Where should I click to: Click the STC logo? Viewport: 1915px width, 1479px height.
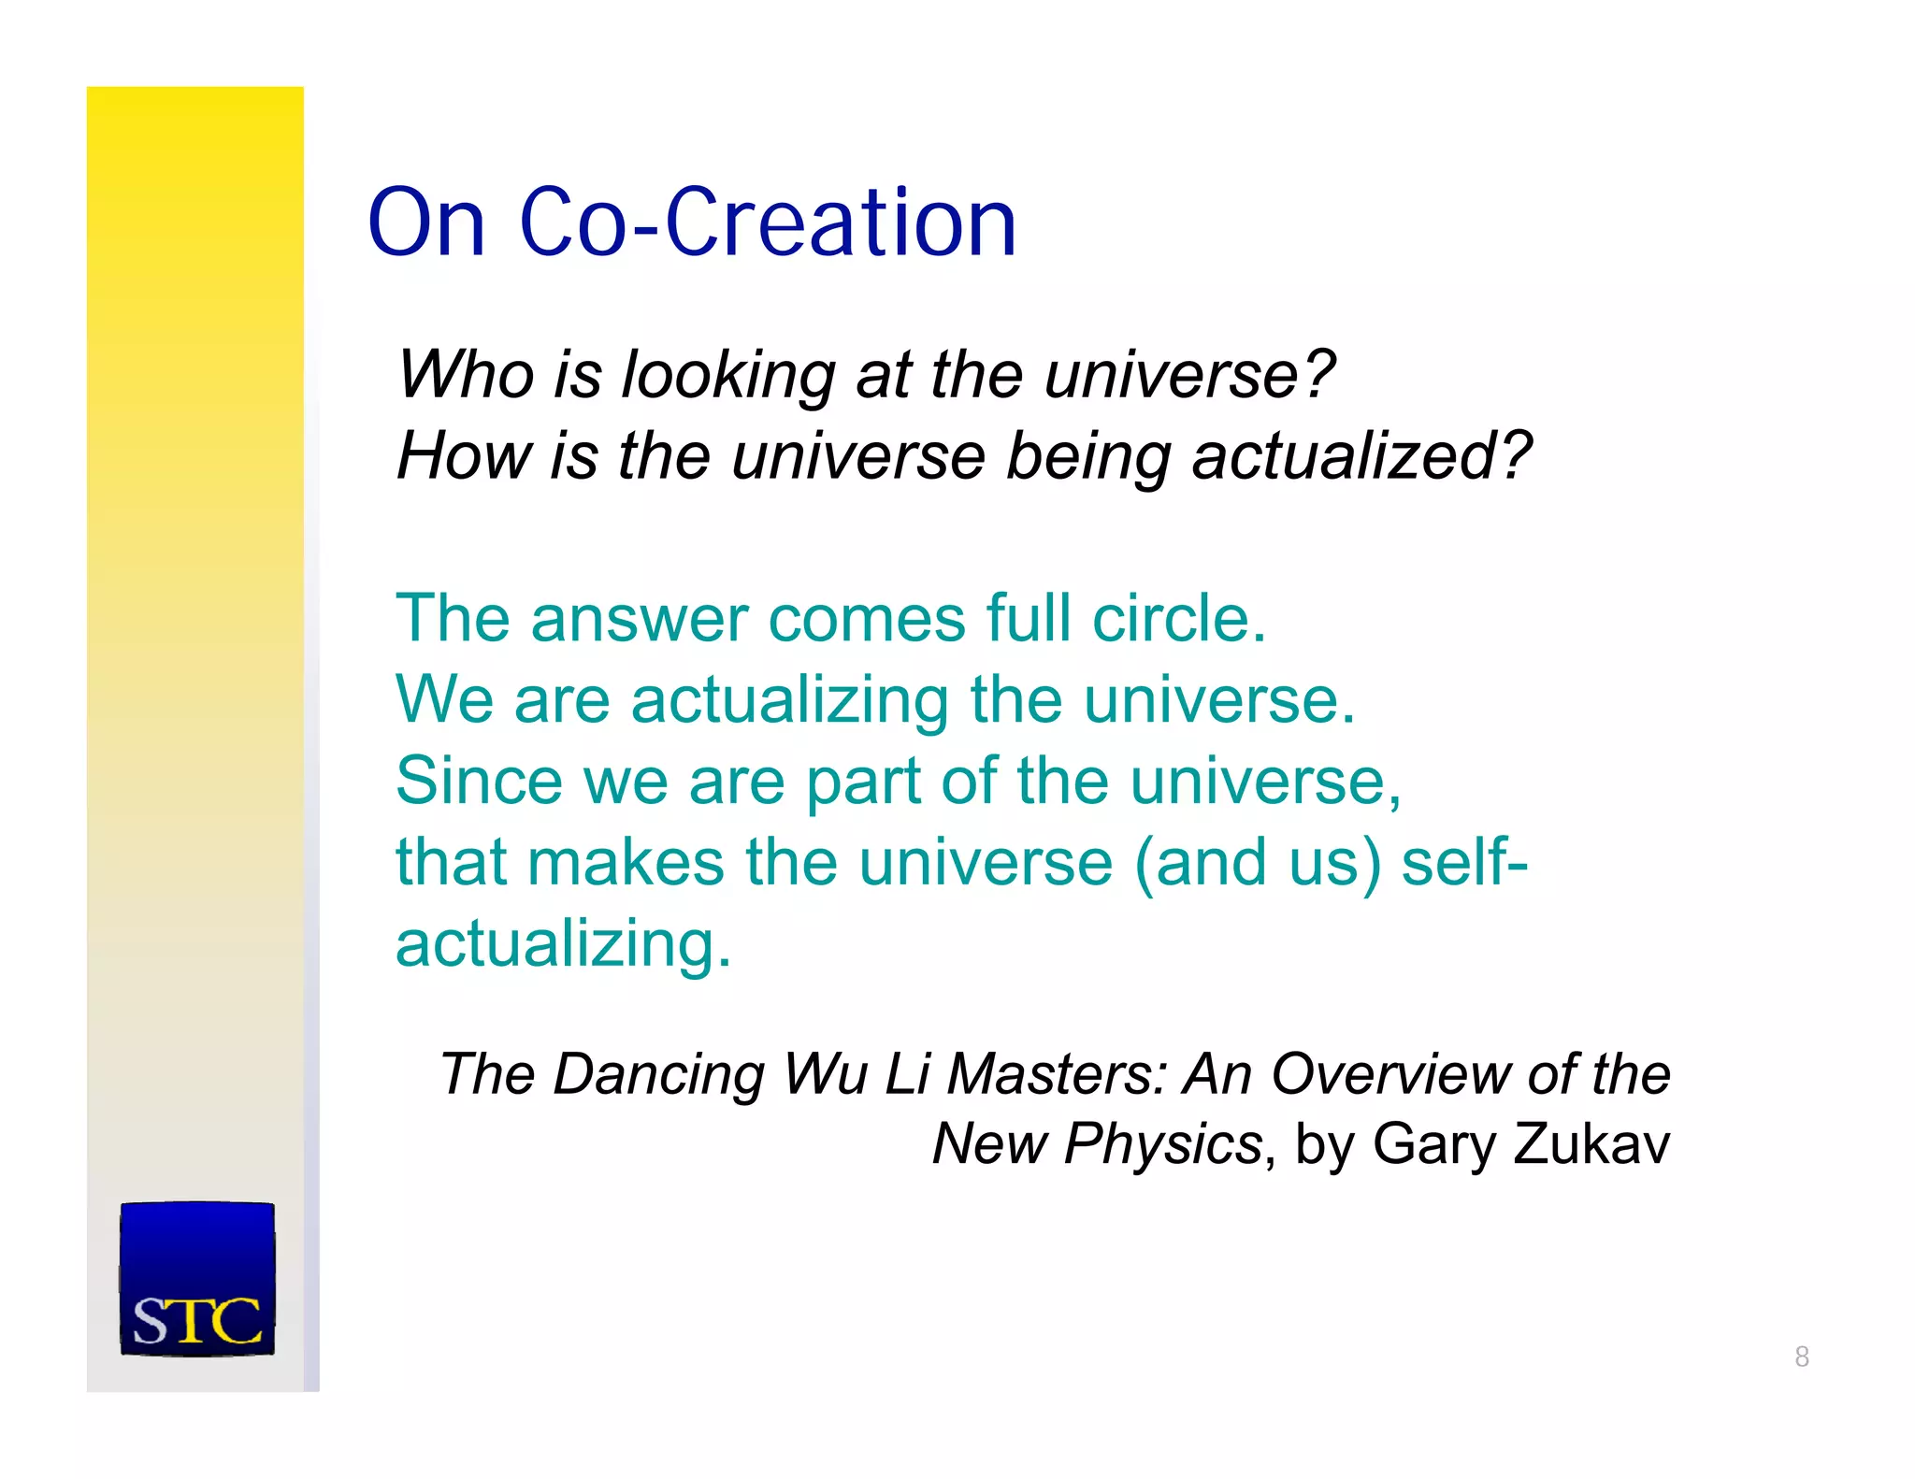(197, 1278)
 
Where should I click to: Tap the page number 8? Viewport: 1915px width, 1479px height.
(1802, 1356)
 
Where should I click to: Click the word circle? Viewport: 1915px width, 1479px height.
(1178, 619)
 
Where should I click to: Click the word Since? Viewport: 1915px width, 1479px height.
(479, 781)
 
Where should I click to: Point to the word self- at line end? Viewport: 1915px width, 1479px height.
(1464, 862)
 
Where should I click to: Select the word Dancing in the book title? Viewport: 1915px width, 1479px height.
(658, 1074)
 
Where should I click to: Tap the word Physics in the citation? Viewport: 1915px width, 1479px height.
(1164, 1144)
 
